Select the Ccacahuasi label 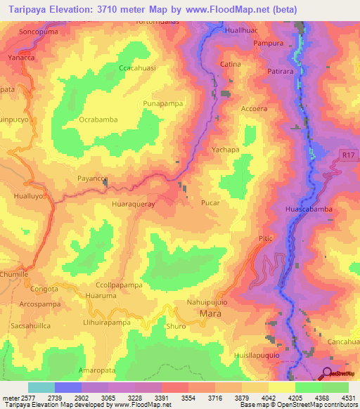[x=137, y=68]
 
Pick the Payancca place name [x=92, y=179]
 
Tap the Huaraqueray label [x=133, y=202]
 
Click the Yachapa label [x=226, y=150]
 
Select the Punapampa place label [x=163, y=103]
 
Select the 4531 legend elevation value [x=348, y=398]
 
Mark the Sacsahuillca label [x=30, y=326]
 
